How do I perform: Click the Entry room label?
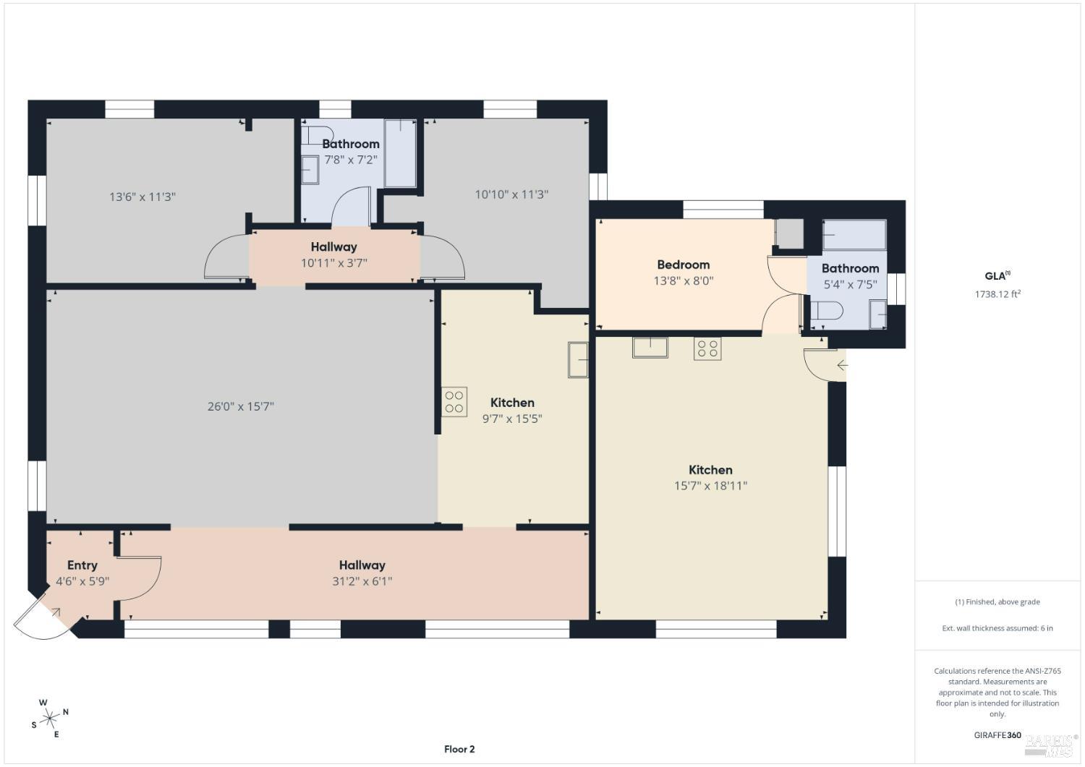tap(82, 565)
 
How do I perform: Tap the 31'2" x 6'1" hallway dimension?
tap(362, 581)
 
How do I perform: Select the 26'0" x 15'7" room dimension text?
tap(240, 406)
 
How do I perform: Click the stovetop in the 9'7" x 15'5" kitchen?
tap(455, 402)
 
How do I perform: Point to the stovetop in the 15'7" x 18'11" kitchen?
tap(707, 348)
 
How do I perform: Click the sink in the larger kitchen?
tap(650, 347)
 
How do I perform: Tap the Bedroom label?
tap(683, 265)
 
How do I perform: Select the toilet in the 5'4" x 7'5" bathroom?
tap(827, 312)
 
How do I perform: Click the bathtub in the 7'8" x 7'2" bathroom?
tap(400, 153)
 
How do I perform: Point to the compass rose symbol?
tap(50, 718)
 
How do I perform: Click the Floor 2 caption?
tap(459, 749)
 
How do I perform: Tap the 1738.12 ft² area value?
tap(997, 294)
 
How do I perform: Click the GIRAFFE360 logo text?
tap(997, 735)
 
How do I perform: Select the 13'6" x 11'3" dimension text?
tap(142, 197)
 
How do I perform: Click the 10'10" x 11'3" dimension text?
tap(511, 194)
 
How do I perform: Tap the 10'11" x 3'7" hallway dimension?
tap(334, 263)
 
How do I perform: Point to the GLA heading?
tap(996, 275)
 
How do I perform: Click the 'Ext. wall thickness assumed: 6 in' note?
tap(997, 628)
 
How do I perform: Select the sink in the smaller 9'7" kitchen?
tap(578, 360)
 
